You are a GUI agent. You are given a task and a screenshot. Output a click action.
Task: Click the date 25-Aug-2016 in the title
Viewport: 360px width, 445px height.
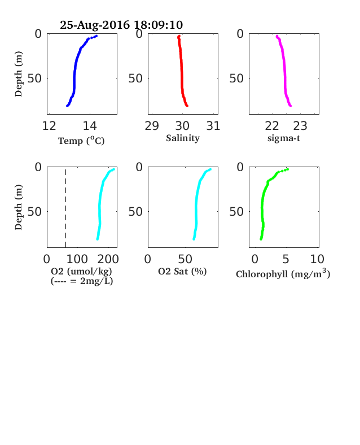95,25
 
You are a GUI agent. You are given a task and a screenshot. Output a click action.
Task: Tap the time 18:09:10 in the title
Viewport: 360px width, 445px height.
158,25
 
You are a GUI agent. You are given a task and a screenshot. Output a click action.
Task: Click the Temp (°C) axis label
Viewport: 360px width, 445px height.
81,141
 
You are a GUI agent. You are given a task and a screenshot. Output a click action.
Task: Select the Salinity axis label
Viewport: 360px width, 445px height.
183,138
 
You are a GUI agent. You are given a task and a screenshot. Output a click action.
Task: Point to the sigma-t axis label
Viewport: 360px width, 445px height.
284,138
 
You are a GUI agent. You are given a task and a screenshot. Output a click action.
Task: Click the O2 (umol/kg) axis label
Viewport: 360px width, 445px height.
82,271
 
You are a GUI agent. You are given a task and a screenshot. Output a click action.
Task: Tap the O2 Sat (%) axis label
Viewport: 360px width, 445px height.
182,271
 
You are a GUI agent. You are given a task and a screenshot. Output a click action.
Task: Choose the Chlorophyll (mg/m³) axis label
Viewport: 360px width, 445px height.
283,274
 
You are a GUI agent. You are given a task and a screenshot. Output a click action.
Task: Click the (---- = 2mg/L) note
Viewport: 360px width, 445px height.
82,281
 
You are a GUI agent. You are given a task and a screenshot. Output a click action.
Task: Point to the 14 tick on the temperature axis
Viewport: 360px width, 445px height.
90,126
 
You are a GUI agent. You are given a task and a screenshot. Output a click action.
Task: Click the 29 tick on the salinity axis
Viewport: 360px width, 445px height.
152,126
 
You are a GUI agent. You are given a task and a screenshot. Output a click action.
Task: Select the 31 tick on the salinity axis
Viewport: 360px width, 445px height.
213,126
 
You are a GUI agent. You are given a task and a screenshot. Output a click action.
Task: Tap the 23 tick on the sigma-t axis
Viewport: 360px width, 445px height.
300,126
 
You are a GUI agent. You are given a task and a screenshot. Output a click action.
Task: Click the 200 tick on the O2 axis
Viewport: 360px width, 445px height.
108,259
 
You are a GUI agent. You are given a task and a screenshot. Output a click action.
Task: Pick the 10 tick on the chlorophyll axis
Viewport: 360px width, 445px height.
317,259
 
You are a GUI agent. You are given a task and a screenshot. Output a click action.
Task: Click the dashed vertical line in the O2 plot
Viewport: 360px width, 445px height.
66,208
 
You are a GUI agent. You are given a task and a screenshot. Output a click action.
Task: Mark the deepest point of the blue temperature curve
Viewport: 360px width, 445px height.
67,106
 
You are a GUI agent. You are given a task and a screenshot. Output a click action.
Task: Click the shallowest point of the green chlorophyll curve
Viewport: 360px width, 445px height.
288,169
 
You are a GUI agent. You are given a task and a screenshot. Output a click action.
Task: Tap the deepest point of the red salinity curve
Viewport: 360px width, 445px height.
187,106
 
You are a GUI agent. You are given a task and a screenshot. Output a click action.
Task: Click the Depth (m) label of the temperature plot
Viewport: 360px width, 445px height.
19,74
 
